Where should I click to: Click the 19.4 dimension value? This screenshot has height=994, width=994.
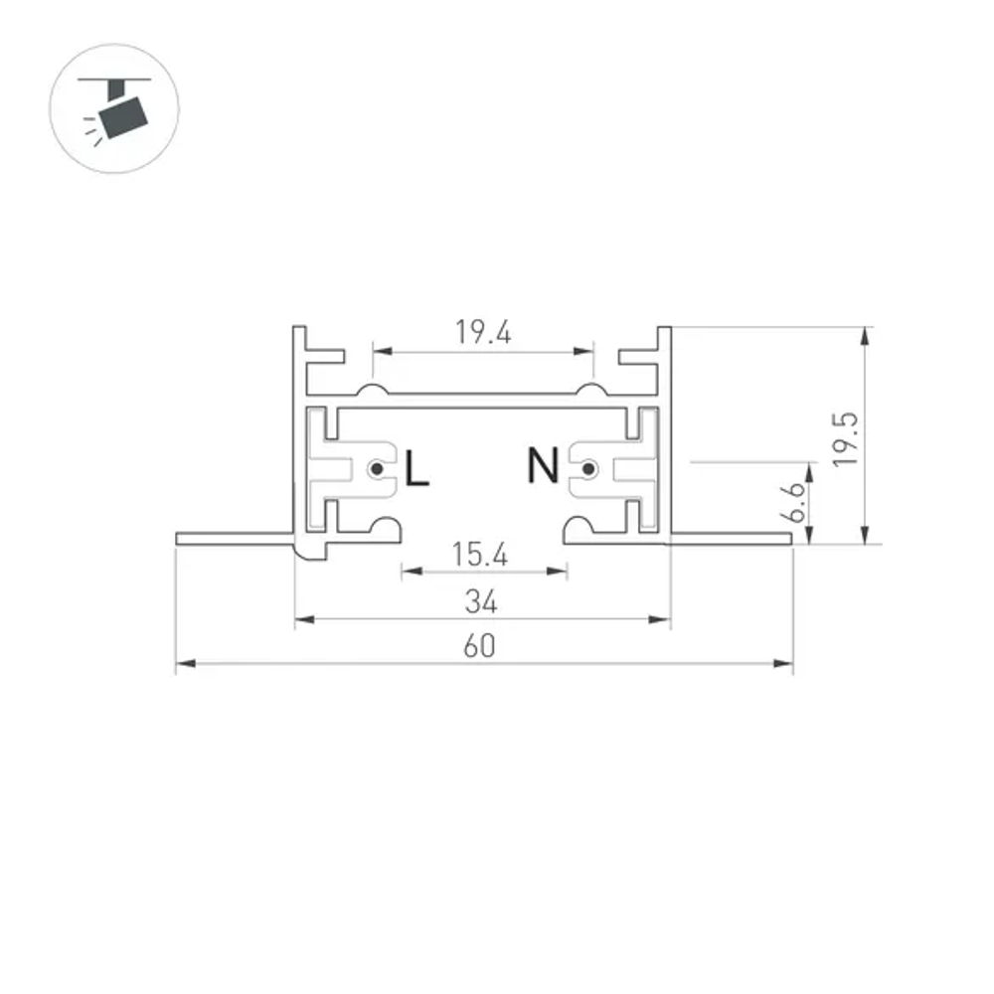[x=483, y=334]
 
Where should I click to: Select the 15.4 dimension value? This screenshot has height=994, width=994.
[x=481, y=555]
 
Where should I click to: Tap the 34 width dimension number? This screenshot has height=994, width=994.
[x=481, y=601]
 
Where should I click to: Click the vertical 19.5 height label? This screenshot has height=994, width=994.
[x=845, y=437]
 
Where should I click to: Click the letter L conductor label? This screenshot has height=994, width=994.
[x=416, y=468]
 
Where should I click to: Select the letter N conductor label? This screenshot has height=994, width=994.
[x=543, y=465]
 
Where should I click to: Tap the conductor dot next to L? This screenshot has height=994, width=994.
[x=377, y=468]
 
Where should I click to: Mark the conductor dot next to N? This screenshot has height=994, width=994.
[x=588, y=468]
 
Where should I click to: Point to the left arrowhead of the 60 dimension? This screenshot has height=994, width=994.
[x=182, y=663]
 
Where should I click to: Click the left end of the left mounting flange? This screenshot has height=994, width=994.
[x=179, y=539]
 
